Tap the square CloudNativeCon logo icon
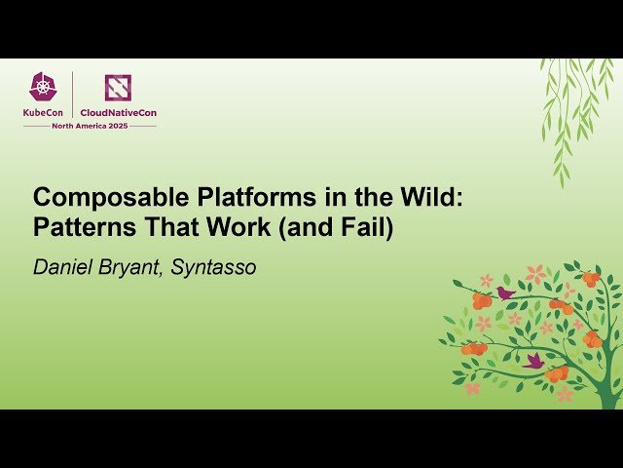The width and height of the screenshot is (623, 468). point(118,88)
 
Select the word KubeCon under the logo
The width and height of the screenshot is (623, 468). point(45,112)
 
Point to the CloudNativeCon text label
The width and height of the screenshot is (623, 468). point(118,112)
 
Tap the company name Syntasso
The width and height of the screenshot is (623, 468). point(213,267)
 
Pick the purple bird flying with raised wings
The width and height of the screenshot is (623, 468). point(533,361)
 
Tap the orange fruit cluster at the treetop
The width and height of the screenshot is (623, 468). point(590,279)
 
